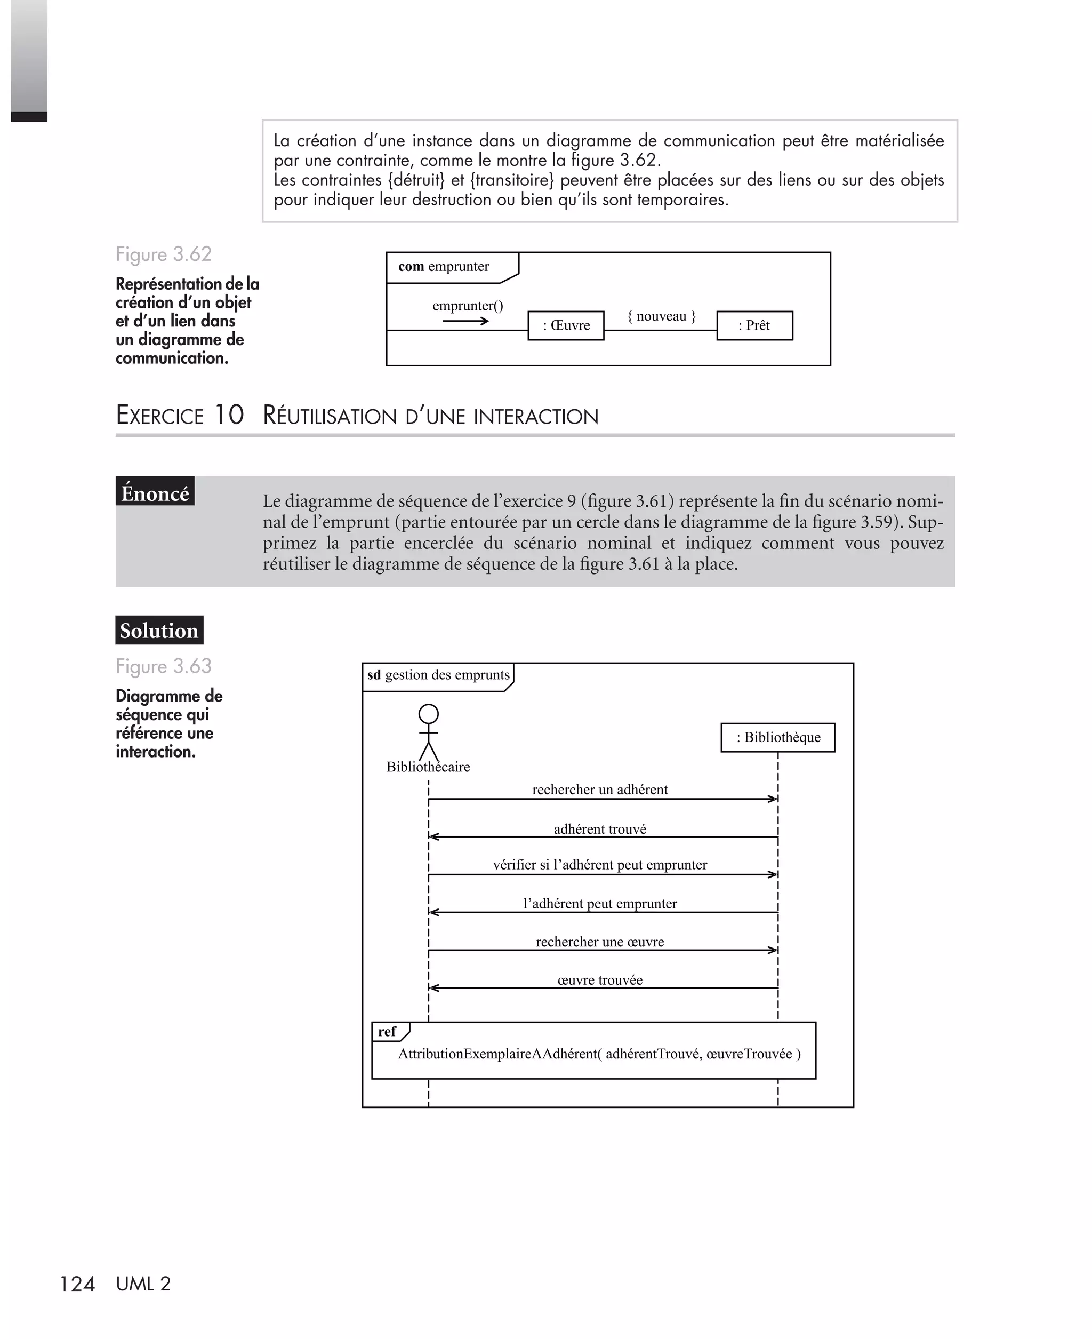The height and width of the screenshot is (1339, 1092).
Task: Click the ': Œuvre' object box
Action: tap(566, 325)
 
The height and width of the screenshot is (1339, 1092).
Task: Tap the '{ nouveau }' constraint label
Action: tap(661, 316)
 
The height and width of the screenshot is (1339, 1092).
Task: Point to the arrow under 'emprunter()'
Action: tap(465, 321)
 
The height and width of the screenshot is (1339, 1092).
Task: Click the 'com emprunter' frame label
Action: tap(444, 266)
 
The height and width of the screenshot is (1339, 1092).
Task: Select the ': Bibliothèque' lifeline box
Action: tap(777, 737)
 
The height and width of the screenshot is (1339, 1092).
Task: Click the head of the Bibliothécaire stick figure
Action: tap(428, 714)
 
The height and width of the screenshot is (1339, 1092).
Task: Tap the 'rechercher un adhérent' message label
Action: tap(599, 789)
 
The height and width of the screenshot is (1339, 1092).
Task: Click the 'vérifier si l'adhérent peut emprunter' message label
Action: tap(599, 865)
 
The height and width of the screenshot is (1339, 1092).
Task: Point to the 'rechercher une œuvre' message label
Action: tap(599, 942)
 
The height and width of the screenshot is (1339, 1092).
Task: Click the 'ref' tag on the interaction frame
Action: tap(387, 1031)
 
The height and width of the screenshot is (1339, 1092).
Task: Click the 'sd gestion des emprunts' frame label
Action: tap(438, 675)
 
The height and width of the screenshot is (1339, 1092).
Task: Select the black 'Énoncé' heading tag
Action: tap(155, 493)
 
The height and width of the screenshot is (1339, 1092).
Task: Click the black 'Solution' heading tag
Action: tap(159, 630)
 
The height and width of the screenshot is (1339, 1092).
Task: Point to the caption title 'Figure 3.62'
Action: tap(164, 254)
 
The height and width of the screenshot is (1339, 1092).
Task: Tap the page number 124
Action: tap(77, 1284)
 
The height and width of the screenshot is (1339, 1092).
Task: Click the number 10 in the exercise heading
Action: tap(229, 415)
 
